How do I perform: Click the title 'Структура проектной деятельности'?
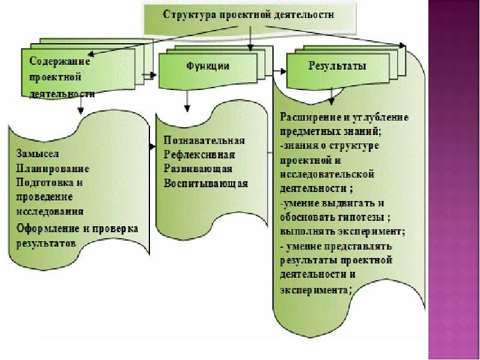tap(248, 14)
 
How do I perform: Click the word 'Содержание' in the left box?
tap(60, 61)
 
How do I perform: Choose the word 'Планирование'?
tap(53, 169)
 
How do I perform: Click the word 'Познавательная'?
tap(204, 140)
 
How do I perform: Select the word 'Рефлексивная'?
tap(199, 155)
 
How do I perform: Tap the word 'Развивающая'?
tap(197, 169)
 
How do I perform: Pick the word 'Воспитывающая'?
tap(206, 184)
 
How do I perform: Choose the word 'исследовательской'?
tap(328, 174)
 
